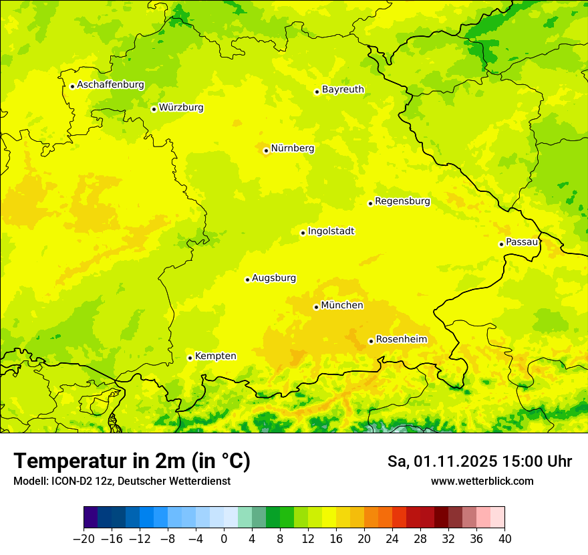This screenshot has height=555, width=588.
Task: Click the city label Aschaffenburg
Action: pos(110,85)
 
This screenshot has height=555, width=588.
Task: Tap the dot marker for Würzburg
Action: pos(154,109)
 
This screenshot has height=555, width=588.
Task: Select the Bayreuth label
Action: pos(343,90)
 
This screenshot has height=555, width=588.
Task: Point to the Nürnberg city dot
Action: pos(266,150)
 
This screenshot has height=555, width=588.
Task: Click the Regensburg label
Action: pos(402,201)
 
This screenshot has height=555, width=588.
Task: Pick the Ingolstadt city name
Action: pos(331,231)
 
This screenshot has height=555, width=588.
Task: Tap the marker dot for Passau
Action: pos(501,244)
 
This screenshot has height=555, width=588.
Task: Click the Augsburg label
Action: pos(274,278)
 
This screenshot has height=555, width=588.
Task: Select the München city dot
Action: pos(316,307)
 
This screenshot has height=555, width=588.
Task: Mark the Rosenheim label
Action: pos(401,340)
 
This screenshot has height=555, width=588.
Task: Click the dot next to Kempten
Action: pos(190,358)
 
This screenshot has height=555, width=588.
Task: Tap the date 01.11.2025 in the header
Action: pos(454,461)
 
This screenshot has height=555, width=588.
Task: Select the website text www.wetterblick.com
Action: pos(482,481)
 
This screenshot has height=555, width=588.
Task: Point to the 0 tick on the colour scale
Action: pos(224,539)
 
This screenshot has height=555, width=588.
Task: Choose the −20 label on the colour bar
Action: pos(84,539)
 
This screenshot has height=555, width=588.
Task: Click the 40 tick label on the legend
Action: pos(504,539)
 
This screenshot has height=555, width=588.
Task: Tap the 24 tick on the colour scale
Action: pos(392,539)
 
